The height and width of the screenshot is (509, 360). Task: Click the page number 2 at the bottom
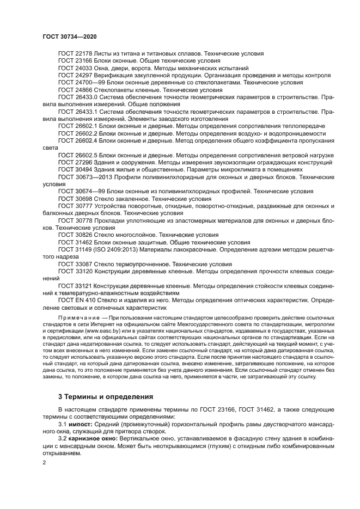click(x=45, y=462)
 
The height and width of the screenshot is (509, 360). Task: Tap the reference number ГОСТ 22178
click(x=75, y=54)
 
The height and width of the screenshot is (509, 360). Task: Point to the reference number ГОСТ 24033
click(x=75, y=68)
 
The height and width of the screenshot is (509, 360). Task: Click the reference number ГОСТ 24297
click(x=75, y=76)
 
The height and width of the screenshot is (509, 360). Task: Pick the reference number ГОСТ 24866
click(x=75, y=90)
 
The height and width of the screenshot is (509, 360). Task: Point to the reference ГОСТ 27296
click(x=75, y=162)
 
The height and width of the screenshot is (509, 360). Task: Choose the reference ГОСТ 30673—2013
click(x=82, y=177)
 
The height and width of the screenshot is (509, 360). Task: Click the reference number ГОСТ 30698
click(x=75, y=199)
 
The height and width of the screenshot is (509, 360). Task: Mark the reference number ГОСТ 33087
click(x=75, y=263)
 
